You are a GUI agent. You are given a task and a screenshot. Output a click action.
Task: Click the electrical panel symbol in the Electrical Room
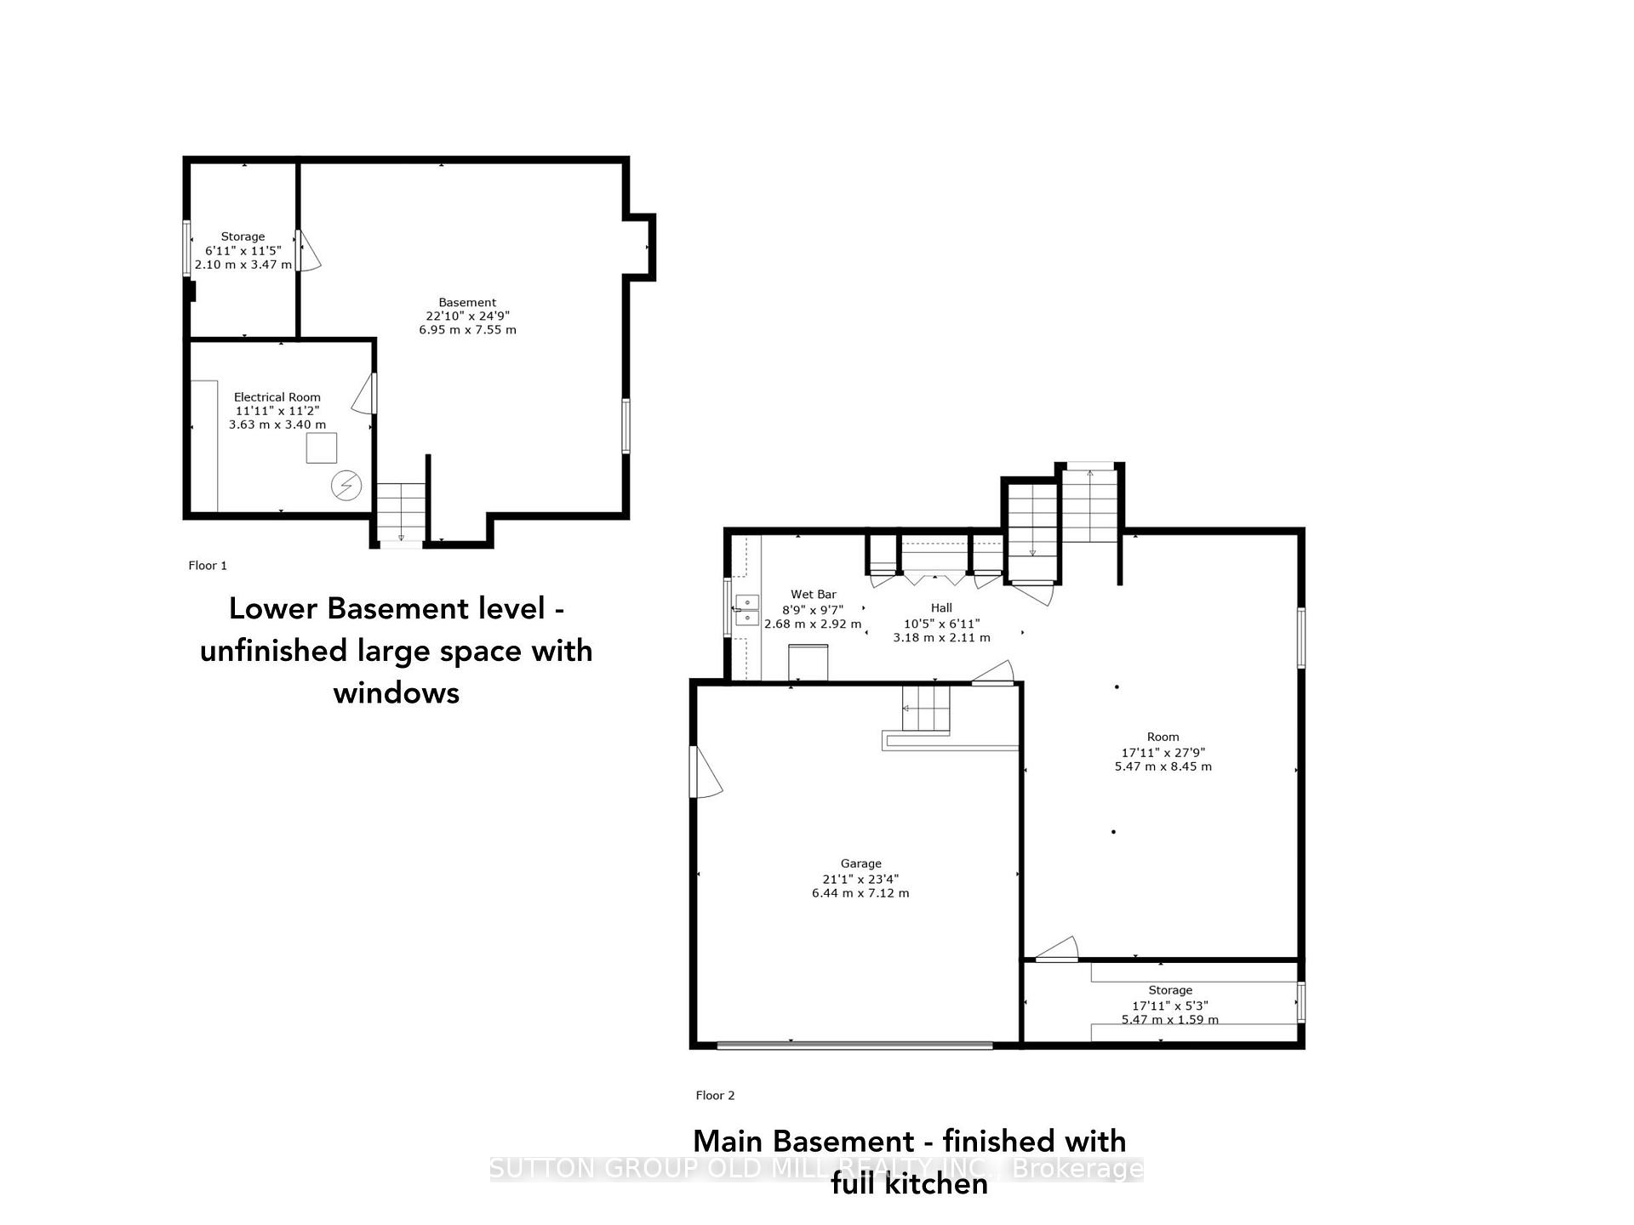tap(346, 486)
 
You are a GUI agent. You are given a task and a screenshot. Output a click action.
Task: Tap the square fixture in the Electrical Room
tap(322, 447)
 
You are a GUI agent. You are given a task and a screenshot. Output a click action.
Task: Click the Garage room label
tap(860, 863)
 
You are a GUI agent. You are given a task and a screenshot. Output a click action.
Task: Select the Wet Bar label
tap(813, 595)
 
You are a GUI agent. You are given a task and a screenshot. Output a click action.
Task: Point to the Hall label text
tap(941, 607)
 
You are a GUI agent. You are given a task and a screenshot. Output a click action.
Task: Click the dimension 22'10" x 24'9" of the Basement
tap(467, 316)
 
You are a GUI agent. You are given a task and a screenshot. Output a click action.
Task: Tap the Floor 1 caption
tap(208, 566)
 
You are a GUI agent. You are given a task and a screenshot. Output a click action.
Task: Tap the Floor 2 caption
tap(715, 1096)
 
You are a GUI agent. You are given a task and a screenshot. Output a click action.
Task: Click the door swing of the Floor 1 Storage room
tap(309, 251)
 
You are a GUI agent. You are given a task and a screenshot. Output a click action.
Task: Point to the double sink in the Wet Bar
tap(746, 610)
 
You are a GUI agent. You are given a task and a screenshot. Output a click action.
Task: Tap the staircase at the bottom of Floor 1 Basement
tap(401, 511)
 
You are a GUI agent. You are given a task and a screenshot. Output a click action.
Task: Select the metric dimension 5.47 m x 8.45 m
tap(1163, 766)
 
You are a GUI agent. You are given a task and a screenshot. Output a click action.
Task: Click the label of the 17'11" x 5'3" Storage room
tap(1170, 990)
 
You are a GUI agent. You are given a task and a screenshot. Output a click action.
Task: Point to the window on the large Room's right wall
tap(1300, 637)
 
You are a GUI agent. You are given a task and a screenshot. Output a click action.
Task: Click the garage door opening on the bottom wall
tap(854, 1046)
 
